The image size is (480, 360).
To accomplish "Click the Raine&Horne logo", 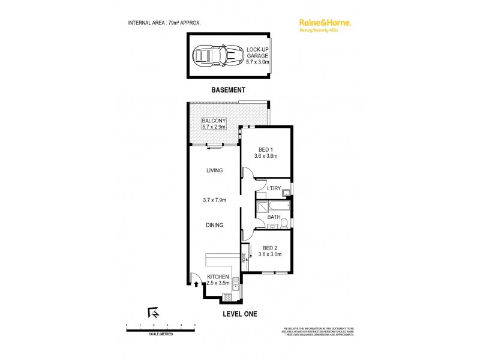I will [325, 23].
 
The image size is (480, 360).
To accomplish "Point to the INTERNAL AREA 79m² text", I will [164, 22].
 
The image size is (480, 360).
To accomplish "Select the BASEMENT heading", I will [228, 90].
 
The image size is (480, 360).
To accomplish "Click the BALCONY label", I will [214, 124].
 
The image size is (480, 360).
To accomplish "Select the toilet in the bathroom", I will [284, 225].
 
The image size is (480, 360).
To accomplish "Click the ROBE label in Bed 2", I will [244, 257].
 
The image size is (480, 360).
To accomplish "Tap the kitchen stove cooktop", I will [227, 295].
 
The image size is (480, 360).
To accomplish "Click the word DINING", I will [215, 226].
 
